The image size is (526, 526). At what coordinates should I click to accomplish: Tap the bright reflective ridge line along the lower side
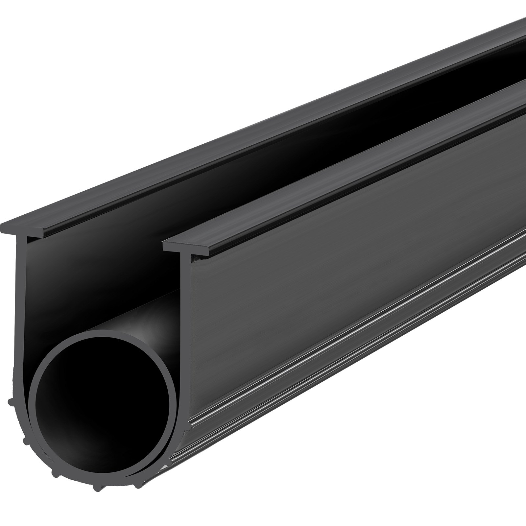(329, 371)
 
